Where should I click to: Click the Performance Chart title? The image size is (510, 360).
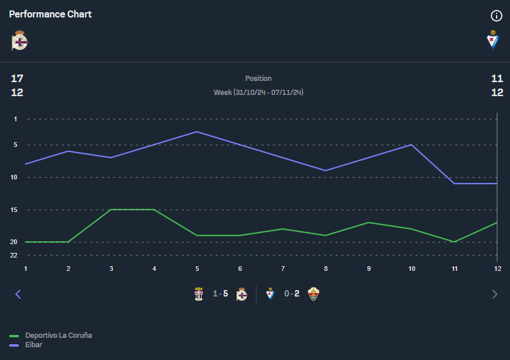point(50,14)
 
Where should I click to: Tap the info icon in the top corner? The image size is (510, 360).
point(497,16)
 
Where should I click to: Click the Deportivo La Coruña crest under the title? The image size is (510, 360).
point(20,40)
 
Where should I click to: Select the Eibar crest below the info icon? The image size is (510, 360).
point(493,40)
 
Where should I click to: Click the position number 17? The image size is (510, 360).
point(17,79)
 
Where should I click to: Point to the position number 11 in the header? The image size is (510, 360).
point(497,79)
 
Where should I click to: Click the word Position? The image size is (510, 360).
point(258,79)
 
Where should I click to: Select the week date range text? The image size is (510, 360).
point(258,93)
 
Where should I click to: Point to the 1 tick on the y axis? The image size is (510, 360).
point(16,119)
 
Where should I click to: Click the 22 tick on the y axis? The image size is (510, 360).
point(14,255)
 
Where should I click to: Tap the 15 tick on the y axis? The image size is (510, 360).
point(14,210)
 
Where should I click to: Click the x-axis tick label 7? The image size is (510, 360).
point(283,269)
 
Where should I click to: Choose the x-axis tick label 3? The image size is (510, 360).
point(111,269)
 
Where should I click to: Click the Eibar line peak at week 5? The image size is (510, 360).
point(197,132)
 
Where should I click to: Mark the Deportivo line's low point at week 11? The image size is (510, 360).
point(455,242)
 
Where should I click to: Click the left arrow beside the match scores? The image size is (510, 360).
point(17,294)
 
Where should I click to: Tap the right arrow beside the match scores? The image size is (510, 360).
point(495,294)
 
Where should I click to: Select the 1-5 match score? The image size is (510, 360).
point(220,294)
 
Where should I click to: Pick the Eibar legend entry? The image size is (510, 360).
point(34,345)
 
